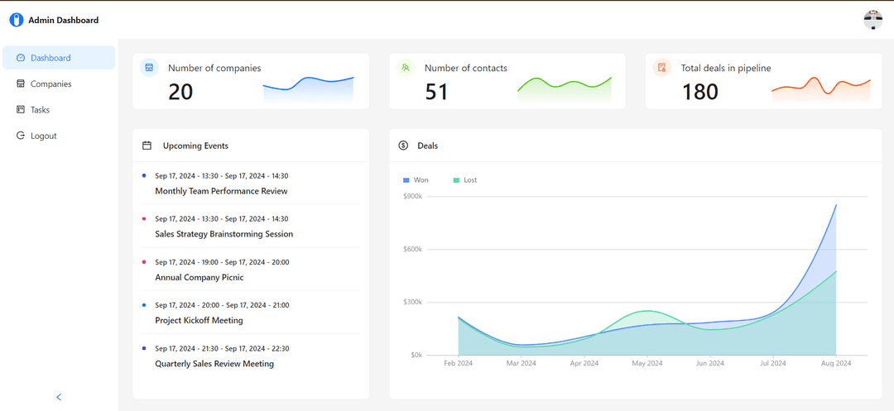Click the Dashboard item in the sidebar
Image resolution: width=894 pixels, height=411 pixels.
[50, 58]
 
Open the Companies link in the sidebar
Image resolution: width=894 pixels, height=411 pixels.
[50, 84]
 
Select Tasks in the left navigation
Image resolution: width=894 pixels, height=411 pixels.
[40, 109]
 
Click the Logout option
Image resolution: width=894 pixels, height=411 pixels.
[43, 136]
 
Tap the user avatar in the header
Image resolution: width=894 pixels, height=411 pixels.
[872, 20]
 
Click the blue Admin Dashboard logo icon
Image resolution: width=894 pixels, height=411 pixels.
[16, 20]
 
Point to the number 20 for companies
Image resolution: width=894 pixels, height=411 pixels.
[180, 92]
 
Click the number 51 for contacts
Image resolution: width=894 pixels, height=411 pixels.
[436, 92]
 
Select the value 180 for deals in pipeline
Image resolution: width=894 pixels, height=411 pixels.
[699, 92]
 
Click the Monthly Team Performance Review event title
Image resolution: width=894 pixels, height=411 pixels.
[221, 191]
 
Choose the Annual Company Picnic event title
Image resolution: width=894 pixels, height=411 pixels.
[199, 277]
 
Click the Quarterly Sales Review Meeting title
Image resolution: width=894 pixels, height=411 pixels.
[214, 363]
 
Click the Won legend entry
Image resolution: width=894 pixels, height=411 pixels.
[416, 179]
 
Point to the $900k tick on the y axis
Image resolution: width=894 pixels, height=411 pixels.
[412, 196]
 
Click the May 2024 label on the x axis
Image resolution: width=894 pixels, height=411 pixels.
[647, 363]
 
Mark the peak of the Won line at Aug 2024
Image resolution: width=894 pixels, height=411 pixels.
[836, 204]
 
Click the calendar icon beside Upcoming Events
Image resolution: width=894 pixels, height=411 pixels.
[147, 146]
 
